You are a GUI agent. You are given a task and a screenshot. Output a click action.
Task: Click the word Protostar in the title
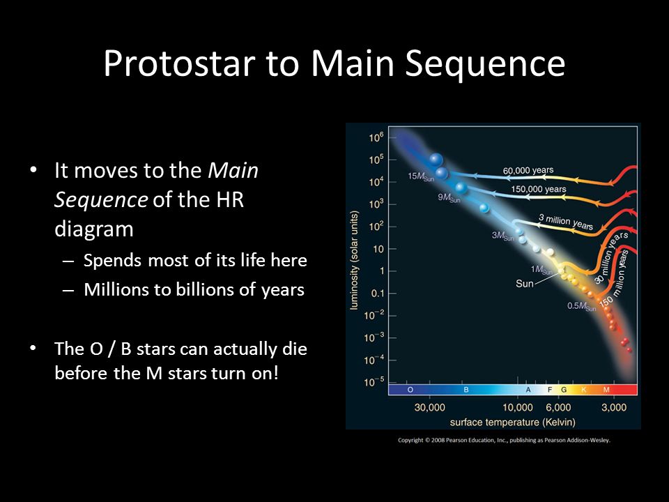tap(179, 63)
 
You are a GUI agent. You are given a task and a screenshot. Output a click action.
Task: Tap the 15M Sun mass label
tap(421, 176)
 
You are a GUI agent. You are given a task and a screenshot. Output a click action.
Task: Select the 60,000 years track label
tap(528, 170)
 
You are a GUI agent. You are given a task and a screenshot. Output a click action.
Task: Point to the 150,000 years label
tap(539, 189)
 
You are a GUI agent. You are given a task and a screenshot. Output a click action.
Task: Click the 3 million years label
tap(566, 222)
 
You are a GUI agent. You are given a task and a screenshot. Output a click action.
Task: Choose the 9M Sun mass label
tap(449, 197)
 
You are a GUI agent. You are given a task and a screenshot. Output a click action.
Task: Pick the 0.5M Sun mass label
tap(581, 307)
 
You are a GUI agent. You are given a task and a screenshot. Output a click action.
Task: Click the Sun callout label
tap(524, 284)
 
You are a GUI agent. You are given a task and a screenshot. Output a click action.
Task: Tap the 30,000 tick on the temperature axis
tap(430, 407)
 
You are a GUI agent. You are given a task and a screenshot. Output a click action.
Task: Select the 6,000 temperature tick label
tap(558, 407)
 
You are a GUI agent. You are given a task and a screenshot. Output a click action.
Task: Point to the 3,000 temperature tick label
tap(614, 407)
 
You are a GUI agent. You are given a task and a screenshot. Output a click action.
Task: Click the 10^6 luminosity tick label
tap(376, 137)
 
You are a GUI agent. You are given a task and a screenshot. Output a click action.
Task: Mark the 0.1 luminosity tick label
tap(378, 294)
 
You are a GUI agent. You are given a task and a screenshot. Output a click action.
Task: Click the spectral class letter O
tap(410, 390)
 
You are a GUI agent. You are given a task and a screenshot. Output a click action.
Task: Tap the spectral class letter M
tap(606, 390)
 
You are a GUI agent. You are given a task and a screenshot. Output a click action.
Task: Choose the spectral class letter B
tap(466, 390)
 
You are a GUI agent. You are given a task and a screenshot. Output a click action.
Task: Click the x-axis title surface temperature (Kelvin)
tap(512, 423)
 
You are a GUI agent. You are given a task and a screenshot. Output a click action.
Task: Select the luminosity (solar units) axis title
tap(354, 260)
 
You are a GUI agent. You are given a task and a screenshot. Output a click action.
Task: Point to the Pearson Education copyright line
tap(504, 440)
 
